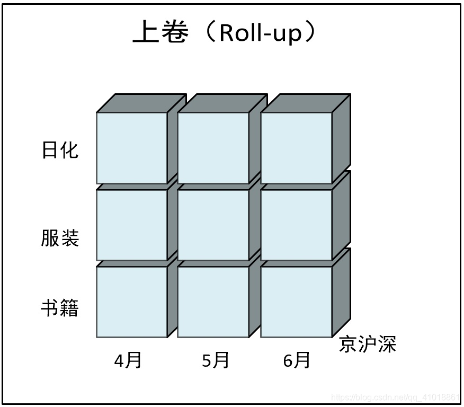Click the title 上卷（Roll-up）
click(x=225, y=33)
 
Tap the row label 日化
click(x=60, y=150)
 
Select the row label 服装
click(x=60, y=238)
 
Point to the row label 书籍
click(x=60, y=308)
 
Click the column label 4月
click(x=128, y=361)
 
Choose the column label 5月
click(x=216, y=361)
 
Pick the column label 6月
click(x=297, y=361)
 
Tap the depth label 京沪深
click(x=368, y=344)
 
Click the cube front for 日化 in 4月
click(x=132, y=148)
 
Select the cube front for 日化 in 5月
click(x=213, y=148)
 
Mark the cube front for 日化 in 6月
click(x=296, y=148)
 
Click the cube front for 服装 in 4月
click(x=132, y=225)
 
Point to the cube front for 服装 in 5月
click(x=213, y=225)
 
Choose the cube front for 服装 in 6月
click(x=296, y=225)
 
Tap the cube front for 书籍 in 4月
click(x=132, y=302)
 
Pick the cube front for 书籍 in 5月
click(x=213, y=302)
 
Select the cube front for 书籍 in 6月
click(x=296, y=302)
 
